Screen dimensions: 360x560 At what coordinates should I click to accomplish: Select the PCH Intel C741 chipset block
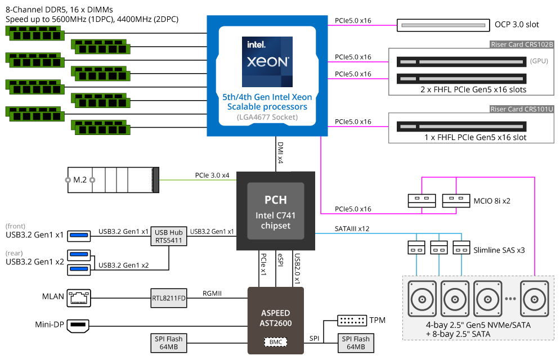[276, 210]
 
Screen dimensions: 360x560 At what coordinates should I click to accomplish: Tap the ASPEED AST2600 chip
[276, 318]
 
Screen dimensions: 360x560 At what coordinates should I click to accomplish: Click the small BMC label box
[276, 341]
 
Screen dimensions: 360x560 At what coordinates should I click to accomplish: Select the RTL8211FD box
[169, 297]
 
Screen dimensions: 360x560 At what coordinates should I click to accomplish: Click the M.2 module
[113, 180]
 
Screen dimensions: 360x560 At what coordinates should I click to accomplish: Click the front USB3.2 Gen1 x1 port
[79, 235]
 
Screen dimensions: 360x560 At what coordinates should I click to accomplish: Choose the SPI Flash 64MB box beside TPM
[356, 343]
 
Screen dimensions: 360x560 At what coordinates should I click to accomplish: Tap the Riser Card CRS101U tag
[522, 109]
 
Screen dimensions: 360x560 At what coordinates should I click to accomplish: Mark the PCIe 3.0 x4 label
[212, 175]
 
